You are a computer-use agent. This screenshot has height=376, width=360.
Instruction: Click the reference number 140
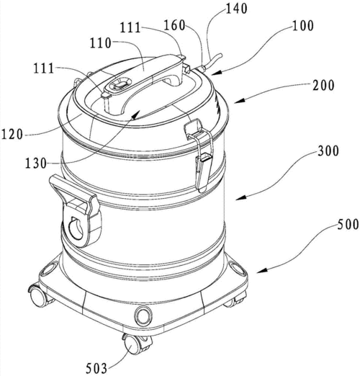coord(237,9)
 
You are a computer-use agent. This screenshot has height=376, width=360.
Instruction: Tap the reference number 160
coord(174,25)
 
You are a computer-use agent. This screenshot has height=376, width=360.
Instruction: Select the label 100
coord(303,25)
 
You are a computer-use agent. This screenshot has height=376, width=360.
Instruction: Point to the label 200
coord(323,86)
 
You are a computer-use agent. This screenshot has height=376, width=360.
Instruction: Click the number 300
coord(328,151)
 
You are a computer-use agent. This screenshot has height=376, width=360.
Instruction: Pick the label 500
coord(348,225)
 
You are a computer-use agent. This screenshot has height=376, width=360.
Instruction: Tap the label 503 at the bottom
coord(96,369)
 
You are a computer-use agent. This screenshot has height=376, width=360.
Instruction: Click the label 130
coord(36,164)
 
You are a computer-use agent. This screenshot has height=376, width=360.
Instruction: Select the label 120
coord(12,134)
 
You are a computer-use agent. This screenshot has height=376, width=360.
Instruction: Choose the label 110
coord(101,43)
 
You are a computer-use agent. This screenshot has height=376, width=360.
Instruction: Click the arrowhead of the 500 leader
coord(262,271)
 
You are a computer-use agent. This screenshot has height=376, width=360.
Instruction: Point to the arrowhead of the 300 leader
coord(240,197)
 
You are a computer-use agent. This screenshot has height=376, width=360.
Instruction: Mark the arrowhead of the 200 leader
coord(239,101)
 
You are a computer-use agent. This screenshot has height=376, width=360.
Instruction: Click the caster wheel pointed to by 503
coord(132,345)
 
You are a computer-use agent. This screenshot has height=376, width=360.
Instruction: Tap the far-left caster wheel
coord(38,297)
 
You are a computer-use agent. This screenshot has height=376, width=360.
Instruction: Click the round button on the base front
coord(143,315)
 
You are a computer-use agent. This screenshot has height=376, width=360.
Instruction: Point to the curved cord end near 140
coord(212,62)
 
